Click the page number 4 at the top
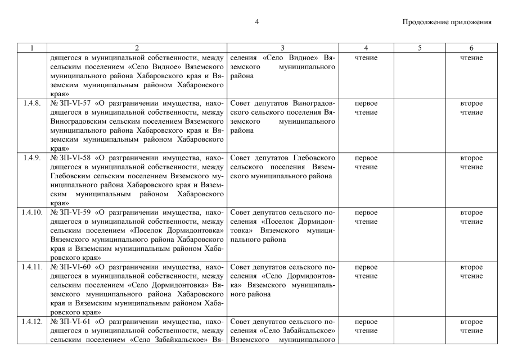(256, 22)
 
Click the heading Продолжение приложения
(447, 22)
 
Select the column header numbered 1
(32, 48)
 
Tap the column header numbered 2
(137, 48)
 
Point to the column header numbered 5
(420, 48)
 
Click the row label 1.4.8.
(32, 103)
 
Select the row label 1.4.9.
(32, 158)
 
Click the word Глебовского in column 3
(316, 158)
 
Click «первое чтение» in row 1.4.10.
(366, 217)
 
